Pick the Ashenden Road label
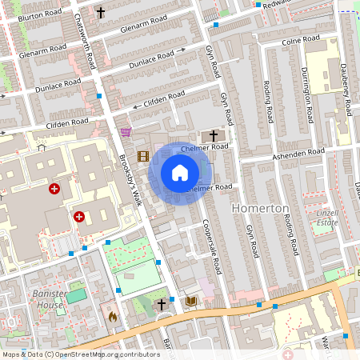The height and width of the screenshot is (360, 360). [x=298, y=152]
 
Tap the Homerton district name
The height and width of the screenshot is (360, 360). [x=260, y=208]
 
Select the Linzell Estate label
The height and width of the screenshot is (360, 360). [x=323, y=217]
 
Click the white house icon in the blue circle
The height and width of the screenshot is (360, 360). [x=180, y=172]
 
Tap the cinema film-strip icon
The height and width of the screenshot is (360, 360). [x=143, y=157]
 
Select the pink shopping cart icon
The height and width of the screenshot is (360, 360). [x=126, y=131]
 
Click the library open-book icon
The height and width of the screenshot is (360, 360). [x=190, y=302]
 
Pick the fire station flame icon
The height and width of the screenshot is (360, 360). [x=112, y=316]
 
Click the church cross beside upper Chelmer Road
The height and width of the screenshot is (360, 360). [x=214, y=135]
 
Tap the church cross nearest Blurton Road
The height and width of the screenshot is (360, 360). [x=100, y=13]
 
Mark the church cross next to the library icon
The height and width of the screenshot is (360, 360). [x=162, y=304]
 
